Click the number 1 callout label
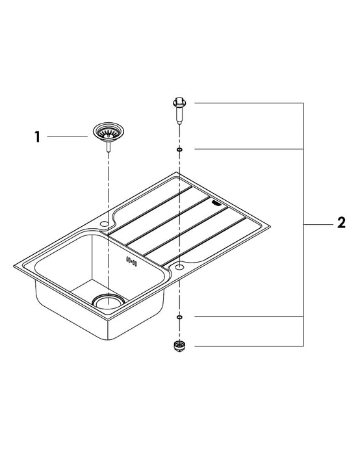(37, 136)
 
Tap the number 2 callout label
(341, 224)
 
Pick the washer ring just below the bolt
(179, 149)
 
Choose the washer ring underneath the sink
(179, 317)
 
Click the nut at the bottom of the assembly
(179, 346)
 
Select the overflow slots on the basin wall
(133, 261)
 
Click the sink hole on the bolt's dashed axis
(179, 265)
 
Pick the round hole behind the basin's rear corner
(103, 224)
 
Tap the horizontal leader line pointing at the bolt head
(250, 103)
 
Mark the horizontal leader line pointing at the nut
(250, 346)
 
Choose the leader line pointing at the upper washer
(250, 149)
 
